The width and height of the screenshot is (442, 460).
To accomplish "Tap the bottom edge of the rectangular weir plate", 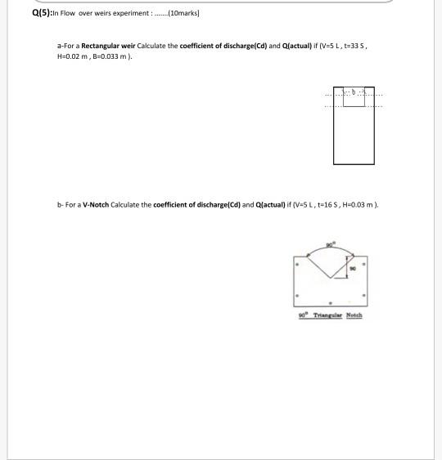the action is (354, 164).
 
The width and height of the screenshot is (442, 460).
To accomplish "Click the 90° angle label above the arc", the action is (329, 243).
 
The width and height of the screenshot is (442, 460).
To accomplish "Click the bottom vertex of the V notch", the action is (329, 279).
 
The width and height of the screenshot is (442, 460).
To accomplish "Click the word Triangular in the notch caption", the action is (326, 315).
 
